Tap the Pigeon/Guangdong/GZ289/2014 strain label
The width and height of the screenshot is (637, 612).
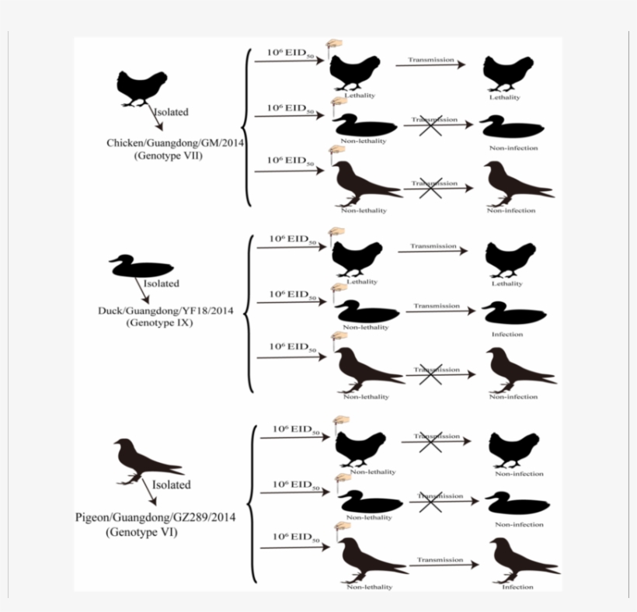(x=155, y=517)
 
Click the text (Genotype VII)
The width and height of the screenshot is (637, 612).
(x=172, y=156)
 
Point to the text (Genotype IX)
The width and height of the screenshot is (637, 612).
(x=161, y=322)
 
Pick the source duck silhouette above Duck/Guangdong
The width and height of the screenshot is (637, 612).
(x=141, y=266)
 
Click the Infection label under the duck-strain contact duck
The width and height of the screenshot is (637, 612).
(x=506, y=335)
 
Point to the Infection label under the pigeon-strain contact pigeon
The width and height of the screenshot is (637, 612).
(x=517, y=587)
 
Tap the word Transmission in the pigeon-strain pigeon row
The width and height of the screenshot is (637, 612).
(x=440, y=559)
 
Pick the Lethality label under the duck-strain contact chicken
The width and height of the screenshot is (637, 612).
(x=506, y=284)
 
